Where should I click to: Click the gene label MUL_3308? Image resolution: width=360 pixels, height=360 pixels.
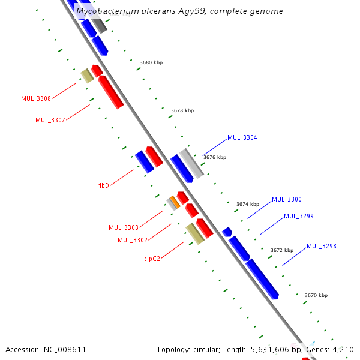click(x=36, y=98)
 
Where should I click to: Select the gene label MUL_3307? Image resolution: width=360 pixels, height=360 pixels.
click(x=50, y=120)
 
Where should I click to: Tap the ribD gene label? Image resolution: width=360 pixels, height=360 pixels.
click(x=103, y=186)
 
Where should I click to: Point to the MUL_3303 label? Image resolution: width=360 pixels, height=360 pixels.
click(x=124, y=228)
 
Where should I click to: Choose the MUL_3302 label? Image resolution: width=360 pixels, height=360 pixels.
click(x=133, y=241)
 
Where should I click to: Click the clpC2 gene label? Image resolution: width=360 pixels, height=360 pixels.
click(x=152, y=259)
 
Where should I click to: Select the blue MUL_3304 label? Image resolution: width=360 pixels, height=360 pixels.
click(x=242, y=138)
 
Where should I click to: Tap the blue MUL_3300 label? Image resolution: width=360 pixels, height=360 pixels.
click(x=287, y=200)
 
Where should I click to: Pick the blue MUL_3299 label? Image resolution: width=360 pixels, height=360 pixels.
click(x=299, y=217)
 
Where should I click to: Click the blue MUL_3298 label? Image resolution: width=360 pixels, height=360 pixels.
click(x=322, y=246)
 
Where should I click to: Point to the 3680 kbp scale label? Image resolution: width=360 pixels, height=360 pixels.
click(x=151, y=62)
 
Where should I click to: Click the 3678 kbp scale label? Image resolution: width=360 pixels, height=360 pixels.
click(x=182, y=110)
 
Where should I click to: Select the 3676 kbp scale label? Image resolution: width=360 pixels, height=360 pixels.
click(x=215, y=157)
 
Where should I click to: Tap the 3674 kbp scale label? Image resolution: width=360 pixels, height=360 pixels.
click(x=248, y=204)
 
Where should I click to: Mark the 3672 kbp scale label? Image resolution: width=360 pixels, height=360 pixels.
click(x=282, y=250)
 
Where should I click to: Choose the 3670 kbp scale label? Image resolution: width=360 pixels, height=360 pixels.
click(x=316, y=295)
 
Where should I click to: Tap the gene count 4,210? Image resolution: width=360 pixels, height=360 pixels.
click(x=344, y=349)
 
